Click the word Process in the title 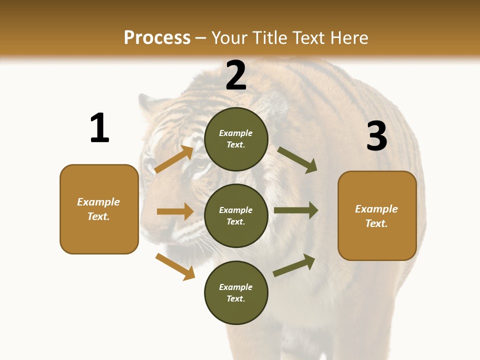pos(157,38)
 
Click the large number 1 pos(99,128)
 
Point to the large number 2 pos(236,76)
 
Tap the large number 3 pos(376,136)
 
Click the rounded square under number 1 pos(99,209)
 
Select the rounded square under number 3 pos(377,216)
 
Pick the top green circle pos(236,139)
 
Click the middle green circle pos(236,215)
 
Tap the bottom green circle pos(236,292)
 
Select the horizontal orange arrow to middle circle pos(175,211)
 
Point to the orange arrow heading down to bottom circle pos(175,266)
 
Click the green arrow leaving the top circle pos(297,159)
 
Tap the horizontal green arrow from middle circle pos(296,210)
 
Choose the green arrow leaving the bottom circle pos(294,265)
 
